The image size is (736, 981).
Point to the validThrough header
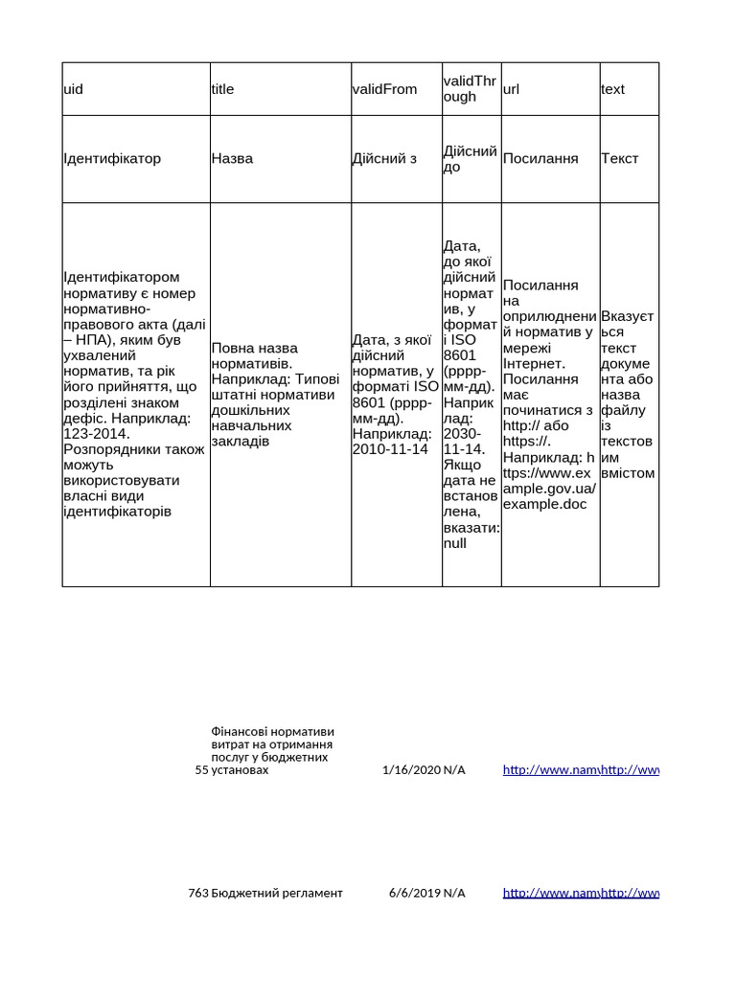click(471, 89)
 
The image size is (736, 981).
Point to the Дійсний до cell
click(471, 159)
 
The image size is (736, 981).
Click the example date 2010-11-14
click(390, 449)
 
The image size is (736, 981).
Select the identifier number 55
click(201, 769)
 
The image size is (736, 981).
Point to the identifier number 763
click(198, 893)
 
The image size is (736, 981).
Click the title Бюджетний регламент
click(277, 893)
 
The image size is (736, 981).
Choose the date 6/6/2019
click(414, 893)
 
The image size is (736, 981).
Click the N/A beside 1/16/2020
click(454, 769)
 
